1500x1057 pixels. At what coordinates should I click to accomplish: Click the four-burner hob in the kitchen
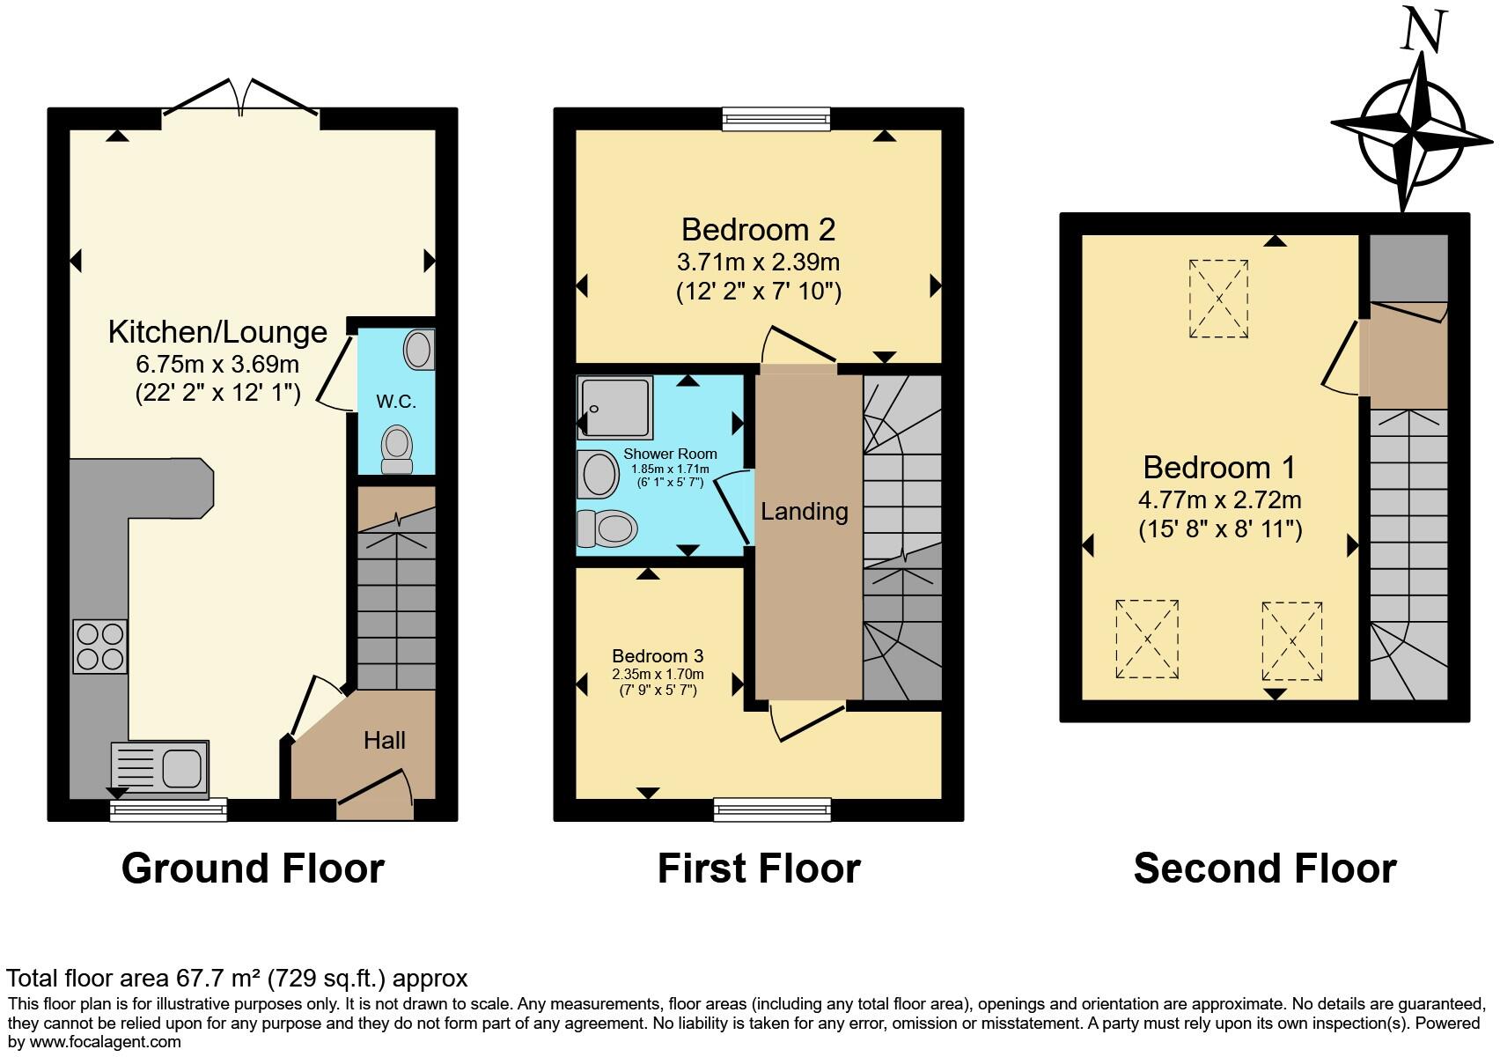(x=99, y=647)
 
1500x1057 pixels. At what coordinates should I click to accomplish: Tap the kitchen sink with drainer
(x=160, y=763)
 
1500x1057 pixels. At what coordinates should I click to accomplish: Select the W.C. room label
(x=396, y=402)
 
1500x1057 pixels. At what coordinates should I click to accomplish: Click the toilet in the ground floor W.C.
(x=397, y=449)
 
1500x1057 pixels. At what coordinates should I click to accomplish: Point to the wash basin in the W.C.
(x=420, y=350)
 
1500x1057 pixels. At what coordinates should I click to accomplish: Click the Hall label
(x=385, y=740)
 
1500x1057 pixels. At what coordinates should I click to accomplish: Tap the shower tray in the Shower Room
(x=615, y=407)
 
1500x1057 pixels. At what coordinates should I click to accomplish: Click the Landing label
(x=805, y=511)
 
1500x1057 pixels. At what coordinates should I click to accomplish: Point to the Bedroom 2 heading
(x=758, y=230)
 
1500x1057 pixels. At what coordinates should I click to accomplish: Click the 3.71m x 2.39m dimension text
(x=758, y=262)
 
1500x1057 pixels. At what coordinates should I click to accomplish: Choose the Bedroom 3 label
(x=658, y=656)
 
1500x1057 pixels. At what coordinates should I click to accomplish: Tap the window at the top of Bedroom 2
(x=776, y=118)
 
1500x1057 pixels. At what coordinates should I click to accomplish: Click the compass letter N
(x=1423, y=33)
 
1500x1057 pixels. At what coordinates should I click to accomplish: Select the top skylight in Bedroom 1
(x=1219, y=299)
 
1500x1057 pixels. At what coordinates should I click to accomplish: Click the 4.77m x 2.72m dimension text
(x=1219, y=500)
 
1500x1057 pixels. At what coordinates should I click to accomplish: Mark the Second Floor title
(x=1264, y=869)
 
